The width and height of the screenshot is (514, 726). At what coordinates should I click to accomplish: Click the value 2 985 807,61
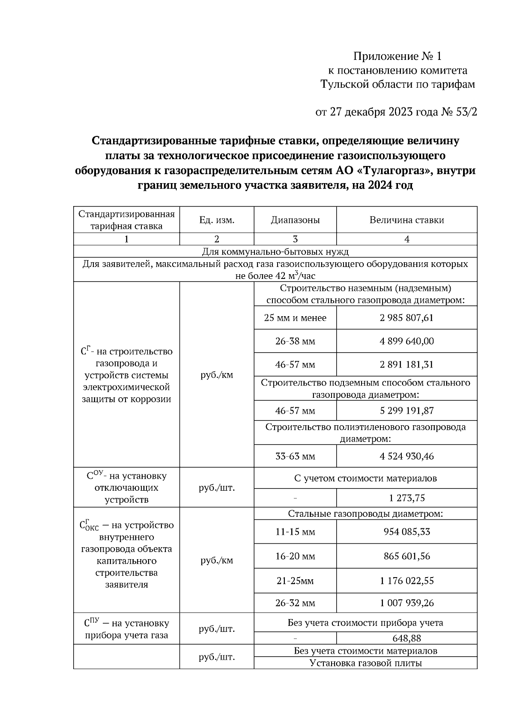tap(406, 318)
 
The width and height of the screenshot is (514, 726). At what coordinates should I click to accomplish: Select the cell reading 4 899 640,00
tap(406, 341)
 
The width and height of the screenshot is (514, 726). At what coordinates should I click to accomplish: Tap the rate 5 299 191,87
tap(406, 411)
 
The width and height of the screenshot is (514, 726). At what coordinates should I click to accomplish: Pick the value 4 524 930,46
tap(406, 456)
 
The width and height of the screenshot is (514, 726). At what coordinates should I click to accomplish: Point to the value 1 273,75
tap(406, 498)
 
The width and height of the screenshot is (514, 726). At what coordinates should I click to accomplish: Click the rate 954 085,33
tap(406, 532)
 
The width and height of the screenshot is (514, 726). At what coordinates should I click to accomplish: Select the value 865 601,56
tap(406, 556)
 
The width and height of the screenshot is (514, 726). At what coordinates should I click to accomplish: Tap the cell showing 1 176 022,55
tap(406, 581)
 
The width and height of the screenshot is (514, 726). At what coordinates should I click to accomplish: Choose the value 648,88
tap(406, 638)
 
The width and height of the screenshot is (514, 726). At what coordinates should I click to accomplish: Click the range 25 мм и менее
tap(295, 318)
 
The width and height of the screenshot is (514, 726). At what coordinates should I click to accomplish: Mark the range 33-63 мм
tap(295, 456)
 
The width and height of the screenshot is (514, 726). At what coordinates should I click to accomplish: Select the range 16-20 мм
tap(295, 556)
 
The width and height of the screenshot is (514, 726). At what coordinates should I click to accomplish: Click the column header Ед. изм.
tap(217, 220)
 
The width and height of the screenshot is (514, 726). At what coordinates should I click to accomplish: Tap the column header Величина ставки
tap(406, 220)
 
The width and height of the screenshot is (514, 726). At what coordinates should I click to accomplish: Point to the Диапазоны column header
tap(295, 220)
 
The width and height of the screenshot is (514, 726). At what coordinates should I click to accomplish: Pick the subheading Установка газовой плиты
tap(365, 663)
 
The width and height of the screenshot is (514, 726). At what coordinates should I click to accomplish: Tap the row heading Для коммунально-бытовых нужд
tap(275, 251)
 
